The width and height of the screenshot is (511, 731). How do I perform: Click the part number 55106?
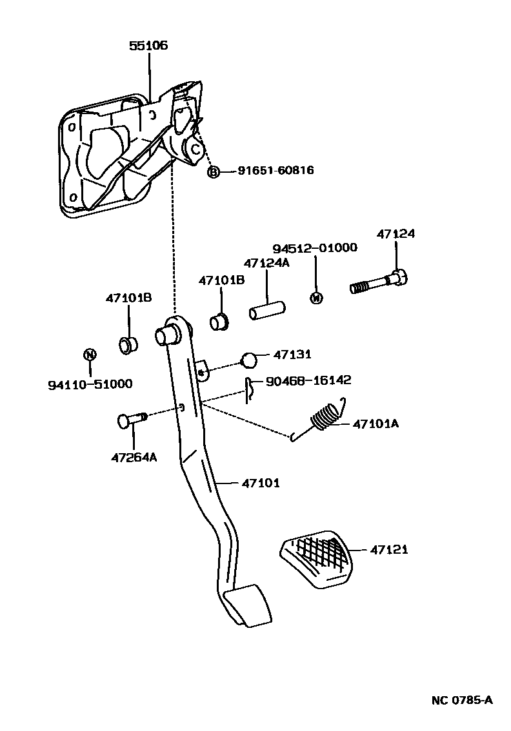[x=149, y=46]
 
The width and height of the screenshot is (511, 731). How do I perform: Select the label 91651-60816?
[x=276, y=171]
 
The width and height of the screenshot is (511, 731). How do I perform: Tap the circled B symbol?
[x=214, y=171]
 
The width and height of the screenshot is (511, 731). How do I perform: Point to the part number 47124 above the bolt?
[x=396, y=235]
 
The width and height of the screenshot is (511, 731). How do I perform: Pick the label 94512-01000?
[x=315, y=248]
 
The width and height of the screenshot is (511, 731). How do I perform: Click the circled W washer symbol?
[x=316, y=297]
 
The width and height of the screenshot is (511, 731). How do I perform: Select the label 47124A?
[x=266, y=263]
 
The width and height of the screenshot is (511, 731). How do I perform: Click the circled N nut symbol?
[x=90, y=354]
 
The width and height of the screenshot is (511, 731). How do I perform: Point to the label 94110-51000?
[x=90, y=384]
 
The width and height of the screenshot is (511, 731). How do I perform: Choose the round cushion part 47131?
[x=250, y=360]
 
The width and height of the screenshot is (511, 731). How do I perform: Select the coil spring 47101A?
[x=326, y=417]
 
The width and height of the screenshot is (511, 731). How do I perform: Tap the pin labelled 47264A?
[x=131, y=420]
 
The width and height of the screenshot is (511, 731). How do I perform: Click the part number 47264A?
[x=134, y=458]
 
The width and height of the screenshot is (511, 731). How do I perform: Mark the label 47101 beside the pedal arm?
[x=261, y=483]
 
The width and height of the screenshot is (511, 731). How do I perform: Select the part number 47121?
[x=389, y=550]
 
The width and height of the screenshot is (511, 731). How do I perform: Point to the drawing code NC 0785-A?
[x=462, y=700]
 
